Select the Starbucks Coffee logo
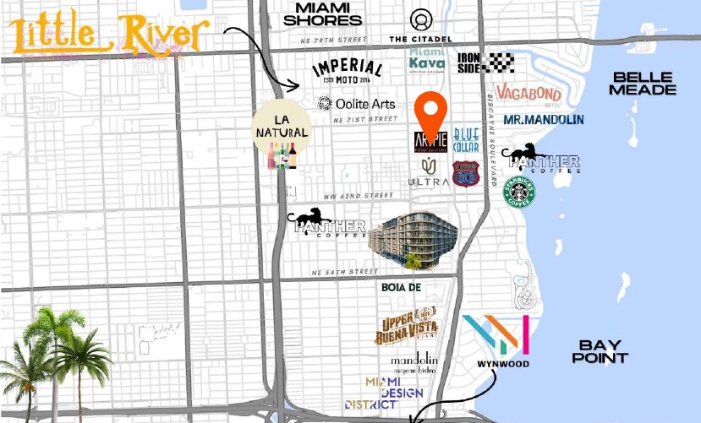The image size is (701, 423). pyautogui.click(x=520, y=192)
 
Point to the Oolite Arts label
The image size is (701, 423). pyautogui.click(x=356, y=104)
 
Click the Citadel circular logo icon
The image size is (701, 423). pyautogui.click(x=421, y=19)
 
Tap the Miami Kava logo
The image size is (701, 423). pyautogui.click(x=427, y=58)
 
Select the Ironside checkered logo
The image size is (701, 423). pyautogui.click(x=485, y=62)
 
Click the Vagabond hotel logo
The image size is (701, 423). pyautogui.click(x=528, y=94)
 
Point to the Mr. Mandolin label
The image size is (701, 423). pyautogui.click(x=543, y=120)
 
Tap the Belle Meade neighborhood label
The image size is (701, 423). pyautogui.click(x=643, y=83)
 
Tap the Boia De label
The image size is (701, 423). pyautogui.click(x=401, y=288)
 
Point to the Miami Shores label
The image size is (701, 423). pyautogui.click(x=328, y=14)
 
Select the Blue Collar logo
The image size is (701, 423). pyautogui.click(x=466, y=140)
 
